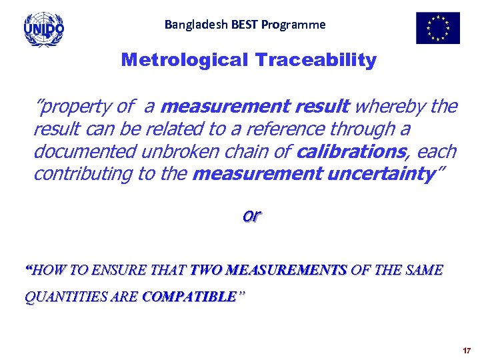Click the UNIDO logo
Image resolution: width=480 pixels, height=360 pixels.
click(44, 29)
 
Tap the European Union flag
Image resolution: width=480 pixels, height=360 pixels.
click(437, 28)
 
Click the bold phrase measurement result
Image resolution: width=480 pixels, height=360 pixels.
click(256, 107)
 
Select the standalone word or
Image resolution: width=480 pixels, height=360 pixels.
click(252, 216)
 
